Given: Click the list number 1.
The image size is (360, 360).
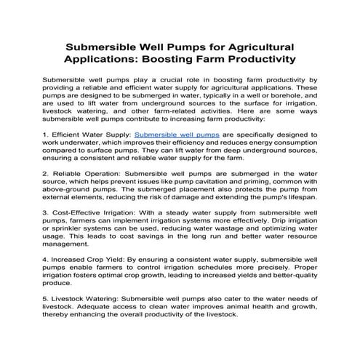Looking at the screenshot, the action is pos(47,135).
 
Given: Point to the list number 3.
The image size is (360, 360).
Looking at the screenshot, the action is pos(47,212).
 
